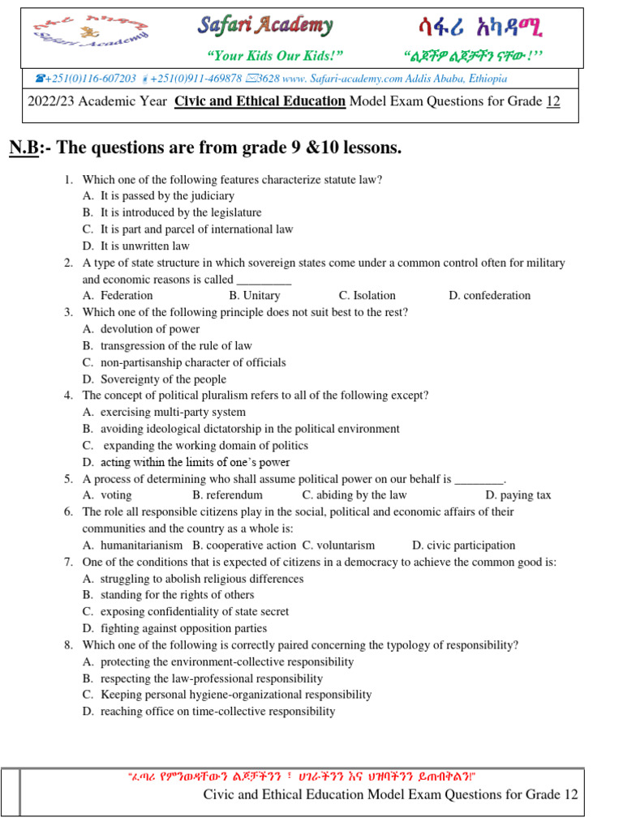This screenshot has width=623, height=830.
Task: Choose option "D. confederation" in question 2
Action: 489,296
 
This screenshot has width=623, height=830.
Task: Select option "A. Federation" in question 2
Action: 118,296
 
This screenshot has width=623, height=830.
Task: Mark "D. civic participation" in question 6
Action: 463,545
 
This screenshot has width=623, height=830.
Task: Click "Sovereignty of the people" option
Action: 163,379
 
